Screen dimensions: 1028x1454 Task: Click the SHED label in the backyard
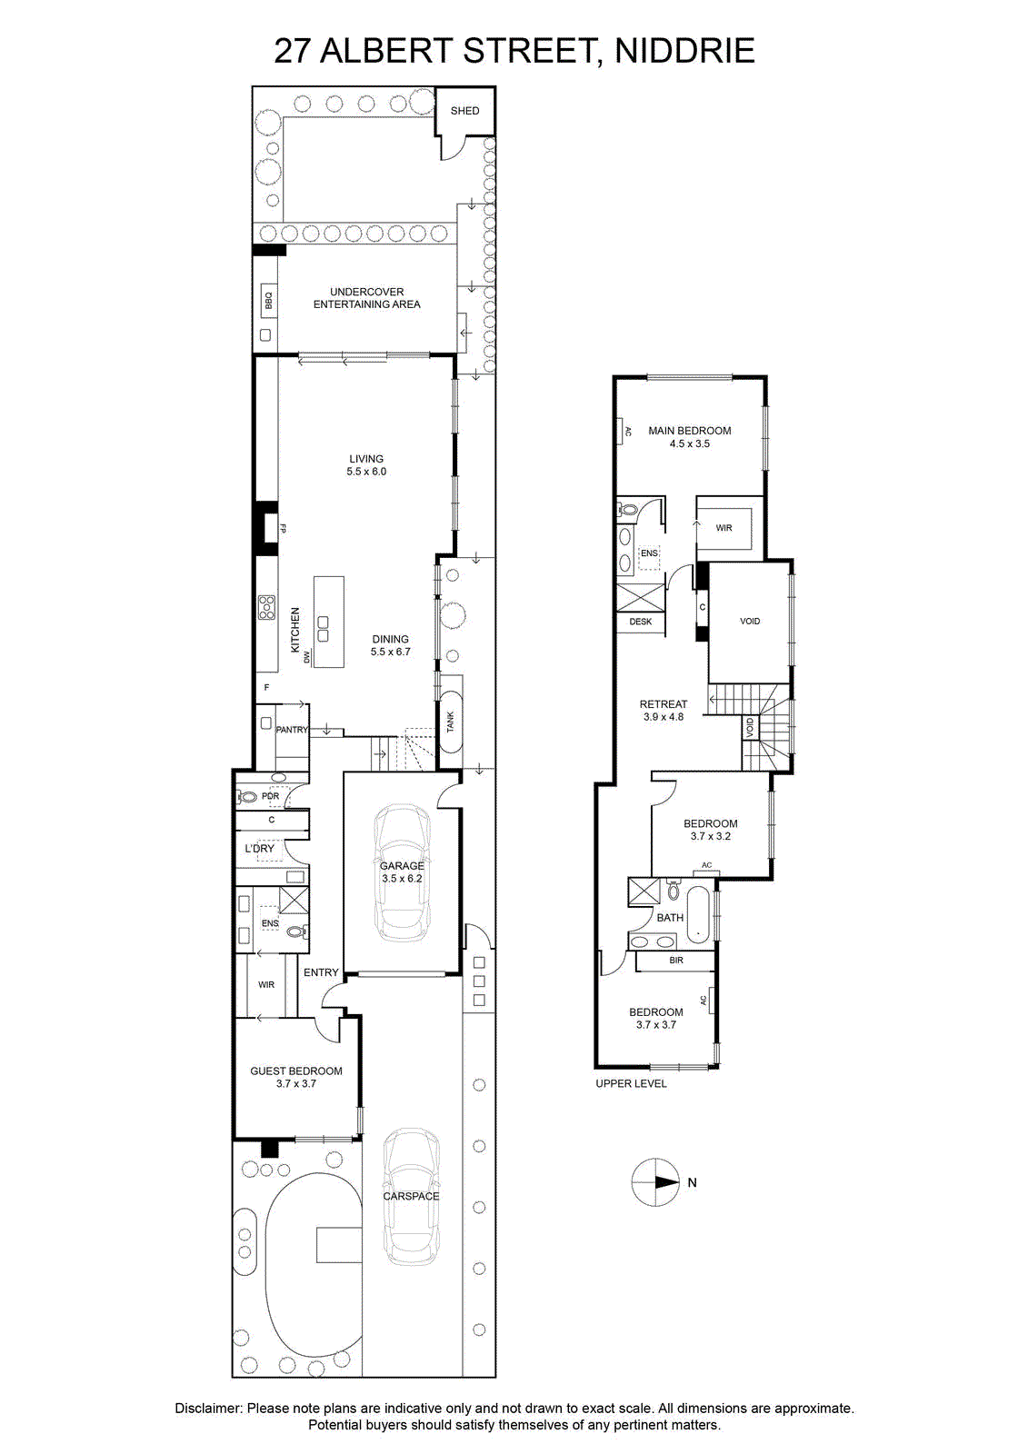coord(464,111)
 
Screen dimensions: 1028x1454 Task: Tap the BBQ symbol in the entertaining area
coord(267,301)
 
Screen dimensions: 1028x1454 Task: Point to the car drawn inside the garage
coord(402,873)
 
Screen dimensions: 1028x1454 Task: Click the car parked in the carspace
coord(411,1196)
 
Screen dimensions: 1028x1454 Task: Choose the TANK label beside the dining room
coord(450,722)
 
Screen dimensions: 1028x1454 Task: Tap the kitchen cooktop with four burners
coord(266,607)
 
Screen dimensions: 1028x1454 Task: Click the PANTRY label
coord(292,730)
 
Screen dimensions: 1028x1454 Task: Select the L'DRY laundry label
coord(259,849)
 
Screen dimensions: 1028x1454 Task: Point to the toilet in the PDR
coord(248,796)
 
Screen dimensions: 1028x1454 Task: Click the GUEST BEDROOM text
coord(296,1071)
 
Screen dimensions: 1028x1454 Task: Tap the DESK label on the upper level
coord(640,622)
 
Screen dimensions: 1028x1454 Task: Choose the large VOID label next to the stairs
coord(749,622)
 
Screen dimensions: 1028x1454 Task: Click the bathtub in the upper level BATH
coord(699,915)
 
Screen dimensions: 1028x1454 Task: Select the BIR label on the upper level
coord(676,960)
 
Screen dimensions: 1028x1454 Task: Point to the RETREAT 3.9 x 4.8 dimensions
coord(663,717)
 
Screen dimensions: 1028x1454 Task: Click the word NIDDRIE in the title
coord(685,51)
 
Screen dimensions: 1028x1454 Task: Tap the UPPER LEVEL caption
coord(631,1083)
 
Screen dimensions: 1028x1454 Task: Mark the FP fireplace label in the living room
coord(282,529)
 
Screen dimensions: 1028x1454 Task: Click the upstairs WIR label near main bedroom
coord(724,528)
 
